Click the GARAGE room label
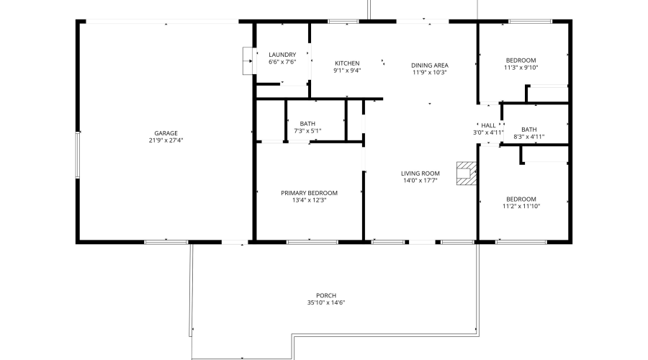pyautogui.click(x=166, y=132)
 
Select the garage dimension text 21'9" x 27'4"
pyautogui.click(x=166, y=140)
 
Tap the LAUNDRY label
pyautogui.click(x=282, y=55)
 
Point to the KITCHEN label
pyautogui.click(x=347, y=63)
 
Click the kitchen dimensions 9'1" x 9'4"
pyautogui.click(x=347, y=71)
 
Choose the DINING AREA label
pyautogui.click(x=430, y=65)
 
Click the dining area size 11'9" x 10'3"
pyautogui.click(x=430, y=72)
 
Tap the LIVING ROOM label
pyautogui.click(x=420, y=173)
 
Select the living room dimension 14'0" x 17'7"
pyautogui.click(x=420, y=181)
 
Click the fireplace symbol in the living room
pyautogui.click(x=466, y=174)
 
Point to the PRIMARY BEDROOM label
pyautogui.click(x=309, y=192)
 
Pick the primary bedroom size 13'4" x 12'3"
pyautogui.click(x=309, y=200)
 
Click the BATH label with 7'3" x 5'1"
pyautogui.click(x=307, y=123)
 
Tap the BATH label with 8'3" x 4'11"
pyautogui.click(x=529, y=129)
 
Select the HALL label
pyautogui.click(x=488, y=125)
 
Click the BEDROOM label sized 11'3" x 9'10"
pyautogui.click(x=521, y=60)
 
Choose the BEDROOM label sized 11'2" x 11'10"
pyautogui.click(x=521, y=199)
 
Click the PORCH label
pyautogui.click(x=326, y=295)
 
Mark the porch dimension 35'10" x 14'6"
pyautogui.click(x=326, y=302)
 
